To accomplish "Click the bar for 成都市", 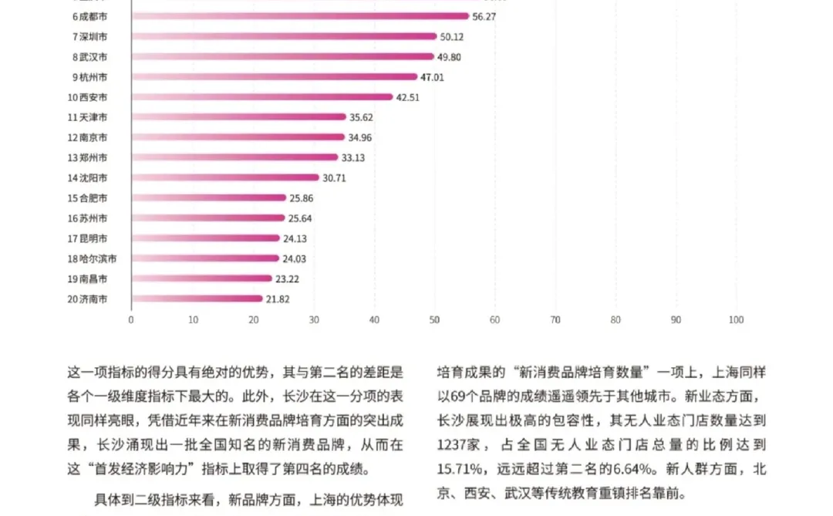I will coord(301,16).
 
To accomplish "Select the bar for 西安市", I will coord(262,97).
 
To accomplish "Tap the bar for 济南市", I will coord(197,298).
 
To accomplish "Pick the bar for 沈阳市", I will coord(225,177).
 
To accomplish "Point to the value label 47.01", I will coord(432,77).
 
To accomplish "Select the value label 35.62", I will coord(362,117).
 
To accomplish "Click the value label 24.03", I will coord(295,258).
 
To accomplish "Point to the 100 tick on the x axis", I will coord(736,319).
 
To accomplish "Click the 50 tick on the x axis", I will coord(434,319).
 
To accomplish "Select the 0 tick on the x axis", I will coord(131,319).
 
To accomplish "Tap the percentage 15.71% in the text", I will coord(460,469).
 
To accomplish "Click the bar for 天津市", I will coord(239,117).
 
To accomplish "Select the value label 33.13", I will coord(353,157).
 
